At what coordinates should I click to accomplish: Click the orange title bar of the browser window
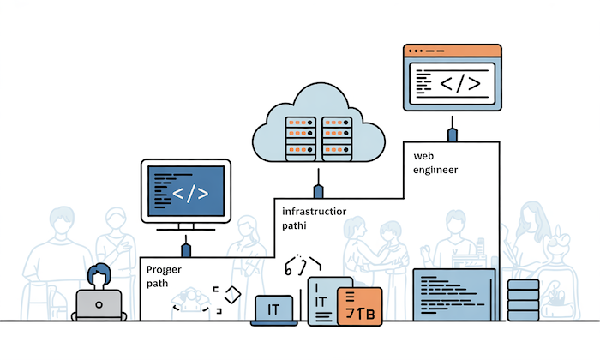[451, 51]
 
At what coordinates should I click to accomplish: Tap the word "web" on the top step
[423, 156]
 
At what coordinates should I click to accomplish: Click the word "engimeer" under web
[435, 170]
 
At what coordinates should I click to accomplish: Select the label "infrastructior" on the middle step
[314, 210]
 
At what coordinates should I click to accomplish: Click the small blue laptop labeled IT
[275, 309]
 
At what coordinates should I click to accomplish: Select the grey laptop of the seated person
[100, 304]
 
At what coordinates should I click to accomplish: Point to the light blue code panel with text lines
[454, 296]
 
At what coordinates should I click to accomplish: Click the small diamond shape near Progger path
[230, 293]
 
